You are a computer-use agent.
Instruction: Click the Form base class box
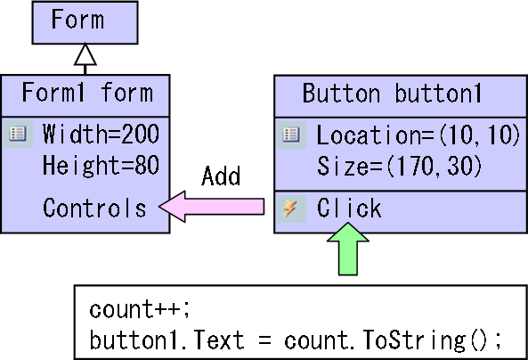(85, 22)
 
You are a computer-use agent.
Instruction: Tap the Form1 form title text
(87, 92)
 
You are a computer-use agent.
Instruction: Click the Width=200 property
(101, 134)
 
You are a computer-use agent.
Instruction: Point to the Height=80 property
(101, 165)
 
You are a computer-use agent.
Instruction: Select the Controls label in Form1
(94, 208)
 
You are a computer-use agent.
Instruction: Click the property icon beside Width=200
(18, 134)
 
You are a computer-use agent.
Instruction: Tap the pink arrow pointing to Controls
(212, 207)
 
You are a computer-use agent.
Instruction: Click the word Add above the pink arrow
(221, 176)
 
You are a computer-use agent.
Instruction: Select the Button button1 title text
(392, 93)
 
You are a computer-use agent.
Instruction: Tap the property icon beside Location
(291, 135)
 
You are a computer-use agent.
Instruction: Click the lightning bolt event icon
(291, 209)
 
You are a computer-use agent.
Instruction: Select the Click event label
(349, 208)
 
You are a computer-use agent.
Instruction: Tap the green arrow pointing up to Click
(348, 250)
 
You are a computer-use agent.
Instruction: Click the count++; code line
(140, 309)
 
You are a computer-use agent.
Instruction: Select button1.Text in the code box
(167, 340)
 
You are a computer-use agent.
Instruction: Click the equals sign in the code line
(264, 340)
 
